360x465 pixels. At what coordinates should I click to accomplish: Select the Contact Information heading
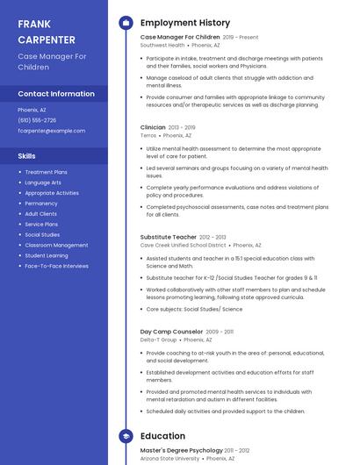(x=56, y=94)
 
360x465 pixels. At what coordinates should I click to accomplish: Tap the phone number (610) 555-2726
(x=37, y=120)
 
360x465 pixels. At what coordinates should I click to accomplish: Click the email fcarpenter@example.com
(x=52, y=131)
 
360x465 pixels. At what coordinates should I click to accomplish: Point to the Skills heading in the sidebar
(x=27, y=155)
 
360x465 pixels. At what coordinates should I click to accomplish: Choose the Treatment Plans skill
(x=47, y=172)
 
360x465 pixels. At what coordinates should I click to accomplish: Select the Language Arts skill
(x=43, y=182)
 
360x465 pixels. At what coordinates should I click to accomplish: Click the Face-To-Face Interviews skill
(x=56, y=266)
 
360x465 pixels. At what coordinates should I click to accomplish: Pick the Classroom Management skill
(x=56, y=245)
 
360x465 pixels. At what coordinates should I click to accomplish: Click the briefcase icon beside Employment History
(x=125, y=23)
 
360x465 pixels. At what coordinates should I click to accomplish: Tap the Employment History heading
(x=185, y=23)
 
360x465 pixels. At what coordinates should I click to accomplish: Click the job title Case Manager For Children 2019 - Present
(x=180, y=38)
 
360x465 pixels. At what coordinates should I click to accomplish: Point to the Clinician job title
(x=153, y=127)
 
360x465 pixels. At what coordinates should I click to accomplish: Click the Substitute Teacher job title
(x=169, y=237)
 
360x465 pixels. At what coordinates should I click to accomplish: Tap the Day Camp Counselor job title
(x=171, y=332)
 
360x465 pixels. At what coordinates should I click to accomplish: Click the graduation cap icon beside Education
(x=125, y=436)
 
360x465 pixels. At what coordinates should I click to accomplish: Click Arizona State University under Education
(x=170, y=458)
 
